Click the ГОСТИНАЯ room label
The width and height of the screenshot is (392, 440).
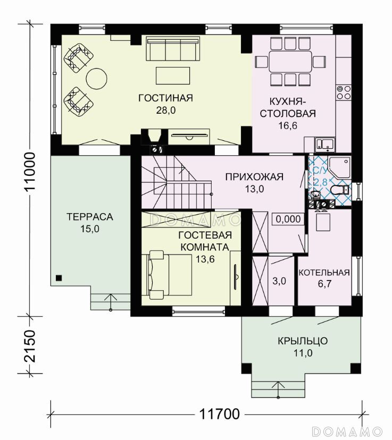[165, 98]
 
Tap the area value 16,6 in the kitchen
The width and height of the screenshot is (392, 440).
[288, 125]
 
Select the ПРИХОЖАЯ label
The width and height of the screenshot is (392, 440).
[254, 177]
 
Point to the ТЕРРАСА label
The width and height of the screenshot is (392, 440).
[90, 217]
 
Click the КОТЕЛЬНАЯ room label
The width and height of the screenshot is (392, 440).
[324, 273]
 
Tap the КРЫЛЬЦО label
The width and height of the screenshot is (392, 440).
[303, 341]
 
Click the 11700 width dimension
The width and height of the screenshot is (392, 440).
[220, 413]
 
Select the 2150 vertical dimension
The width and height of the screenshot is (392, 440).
[30, 346]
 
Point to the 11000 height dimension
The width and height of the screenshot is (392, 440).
[30, 172]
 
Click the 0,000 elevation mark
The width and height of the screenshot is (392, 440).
[288, 219]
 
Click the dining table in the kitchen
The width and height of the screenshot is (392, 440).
[290, 61]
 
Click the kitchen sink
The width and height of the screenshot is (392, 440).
[324, 144]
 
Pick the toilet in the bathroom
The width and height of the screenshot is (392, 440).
[339, 190]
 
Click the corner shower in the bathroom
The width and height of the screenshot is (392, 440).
[339, 167]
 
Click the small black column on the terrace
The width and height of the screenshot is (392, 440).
[59, 278]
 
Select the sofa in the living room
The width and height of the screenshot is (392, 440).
[173, 49]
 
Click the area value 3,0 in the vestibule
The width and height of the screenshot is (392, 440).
[279, 281]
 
